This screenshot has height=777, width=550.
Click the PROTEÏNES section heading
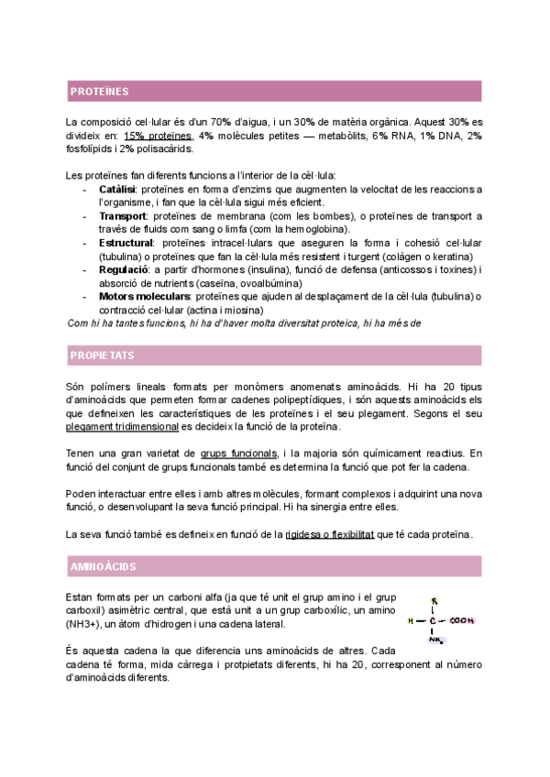click(x=100, y=92)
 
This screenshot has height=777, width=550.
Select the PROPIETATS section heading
click(x=102, y=356)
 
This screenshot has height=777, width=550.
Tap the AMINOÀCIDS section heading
click(x=104, y=567)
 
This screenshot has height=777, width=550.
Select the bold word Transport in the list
click(x=122, y=216)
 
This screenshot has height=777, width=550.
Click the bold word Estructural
click(x=126, y=243)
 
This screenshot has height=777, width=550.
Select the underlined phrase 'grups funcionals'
click(x=238, y=453)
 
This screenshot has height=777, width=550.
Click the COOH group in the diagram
click(x=461, y=620)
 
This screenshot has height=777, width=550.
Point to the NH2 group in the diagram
click(x=435, y=639)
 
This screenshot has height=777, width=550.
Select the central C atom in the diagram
click(x=434, y=620)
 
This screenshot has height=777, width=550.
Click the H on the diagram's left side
click(x=411, y=620)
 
